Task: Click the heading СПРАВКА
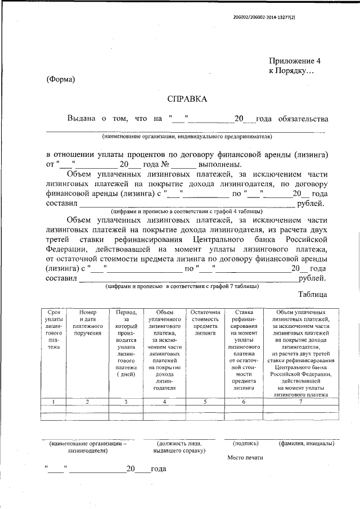(187, 99)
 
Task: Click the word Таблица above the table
(313, 294)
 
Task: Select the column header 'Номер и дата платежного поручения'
(88, 322)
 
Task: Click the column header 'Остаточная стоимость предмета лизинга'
(205, 322)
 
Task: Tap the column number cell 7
(300, 402)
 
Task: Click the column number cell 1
(53, 402)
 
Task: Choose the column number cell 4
(164, 402)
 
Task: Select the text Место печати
(245, 458)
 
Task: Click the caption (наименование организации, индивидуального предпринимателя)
(187, 137)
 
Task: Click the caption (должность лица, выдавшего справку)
(180, 447)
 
